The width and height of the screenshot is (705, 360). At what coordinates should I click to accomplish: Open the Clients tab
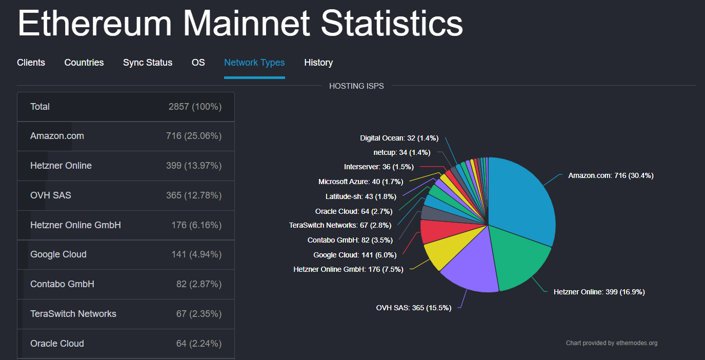coord(31,63)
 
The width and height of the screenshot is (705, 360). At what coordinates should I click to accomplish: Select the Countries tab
coord(84,63)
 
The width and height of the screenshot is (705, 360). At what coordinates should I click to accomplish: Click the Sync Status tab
coord(148,63)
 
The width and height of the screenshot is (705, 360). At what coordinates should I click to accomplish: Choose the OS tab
coord(198,63)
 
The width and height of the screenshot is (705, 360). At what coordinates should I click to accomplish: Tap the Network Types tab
coord(254,63)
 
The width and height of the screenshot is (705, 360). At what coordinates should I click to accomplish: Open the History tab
coord(318,63)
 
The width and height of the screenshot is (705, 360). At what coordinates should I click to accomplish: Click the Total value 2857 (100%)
coord(195,107)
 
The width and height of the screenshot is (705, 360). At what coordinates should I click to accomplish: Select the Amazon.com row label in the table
coord(57,136)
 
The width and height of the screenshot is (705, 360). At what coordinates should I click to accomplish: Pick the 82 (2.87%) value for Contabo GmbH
coord(199,284)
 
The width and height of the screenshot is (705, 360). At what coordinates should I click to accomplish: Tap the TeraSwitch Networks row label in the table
coord(73,314)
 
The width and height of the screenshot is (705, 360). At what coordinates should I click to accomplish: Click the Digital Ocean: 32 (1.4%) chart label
coord(399,138)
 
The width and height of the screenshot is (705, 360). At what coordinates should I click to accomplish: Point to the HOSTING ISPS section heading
coord(356,86)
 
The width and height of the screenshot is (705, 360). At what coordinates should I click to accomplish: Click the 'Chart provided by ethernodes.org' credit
coord(611,343)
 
